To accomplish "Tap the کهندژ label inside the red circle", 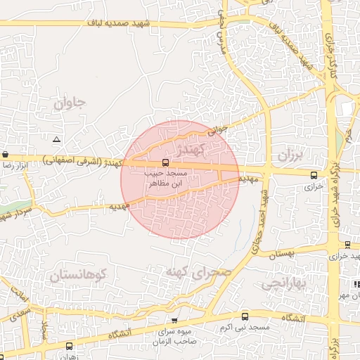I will click(x=191, y=150).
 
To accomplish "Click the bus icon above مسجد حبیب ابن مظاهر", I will click(x=165, y=162).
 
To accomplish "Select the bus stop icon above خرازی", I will click(x=313, y=174).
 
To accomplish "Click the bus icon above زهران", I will click(x=69, y=345).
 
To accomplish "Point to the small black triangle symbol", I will click(x=56, y=139).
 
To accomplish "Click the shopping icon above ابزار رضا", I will click(x=6, y=154).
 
